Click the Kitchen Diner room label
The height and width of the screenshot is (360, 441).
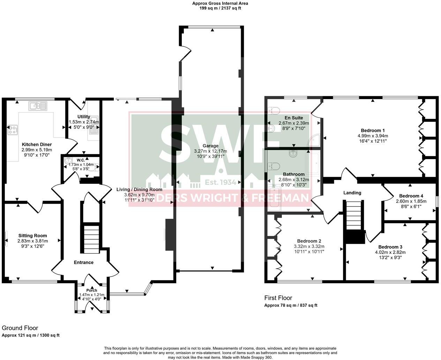click(x=37, y=144)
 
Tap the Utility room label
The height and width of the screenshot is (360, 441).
click(x=84, y=117)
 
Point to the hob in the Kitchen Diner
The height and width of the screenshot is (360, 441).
click(x=13, y=130)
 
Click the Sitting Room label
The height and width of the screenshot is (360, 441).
click(x=32, y=235)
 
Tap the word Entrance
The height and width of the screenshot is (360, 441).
click(x=84, y=262)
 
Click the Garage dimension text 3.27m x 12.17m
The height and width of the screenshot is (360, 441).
click(x=210, y=151)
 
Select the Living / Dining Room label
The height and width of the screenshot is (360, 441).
click(x=139, y=189)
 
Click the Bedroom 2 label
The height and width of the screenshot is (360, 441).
click(x=309, y=241)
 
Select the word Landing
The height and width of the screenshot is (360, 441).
click(x=352, y=193)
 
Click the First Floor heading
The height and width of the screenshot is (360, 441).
click(x=278, y=298)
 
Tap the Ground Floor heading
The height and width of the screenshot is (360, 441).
click(x=20, y=328)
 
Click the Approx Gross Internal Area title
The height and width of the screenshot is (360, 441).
click(x=220, y=3)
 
